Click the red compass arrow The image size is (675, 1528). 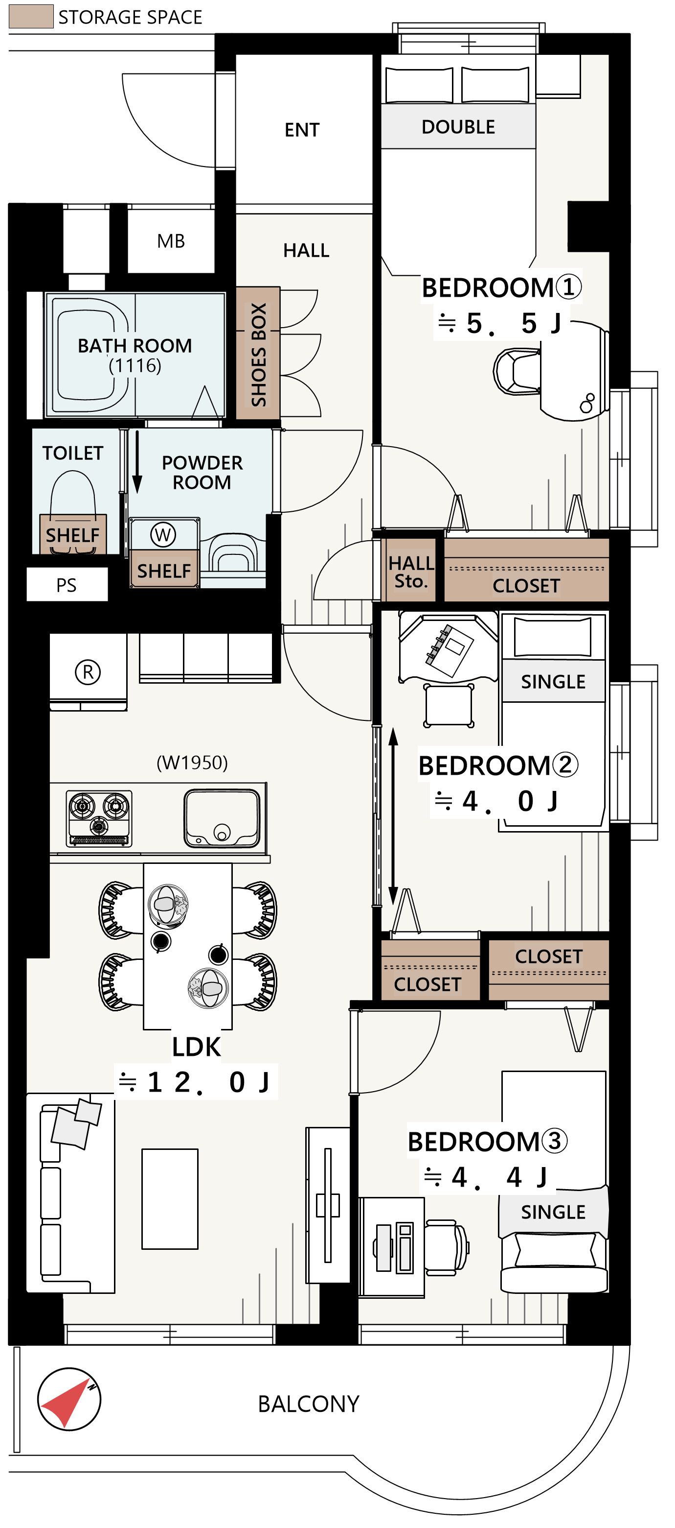(x=67, y=1402)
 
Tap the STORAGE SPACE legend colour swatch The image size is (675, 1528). (x=31, y=17)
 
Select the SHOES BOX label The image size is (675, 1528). (x=258, y=354)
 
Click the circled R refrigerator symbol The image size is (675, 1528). (x=88, y=672)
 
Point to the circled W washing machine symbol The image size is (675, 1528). (x=163, y=534)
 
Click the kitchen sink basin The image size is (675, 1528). (x=222, y=818)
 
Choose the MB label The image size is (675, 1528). (x=171, y=241)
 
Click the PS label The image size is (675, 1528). (x=67, y=585)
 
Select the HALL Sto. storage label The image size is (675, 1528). (x=411, y=572)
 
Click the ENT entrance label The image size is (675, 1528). (x=302, y=130)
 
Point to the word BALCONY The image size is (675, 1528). (x=308, y=1404)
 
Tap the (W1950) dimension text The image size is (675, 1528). (x=192, y=762)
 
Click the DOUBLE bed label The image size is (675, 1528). (x=458, y=127)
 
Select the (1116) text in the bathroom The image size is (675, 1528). (x=135, y=365)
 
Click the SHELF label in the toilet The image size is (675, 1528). (x=72, y=535)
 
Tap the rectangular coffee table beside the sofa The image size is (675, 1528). (x=170, y=1199)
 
